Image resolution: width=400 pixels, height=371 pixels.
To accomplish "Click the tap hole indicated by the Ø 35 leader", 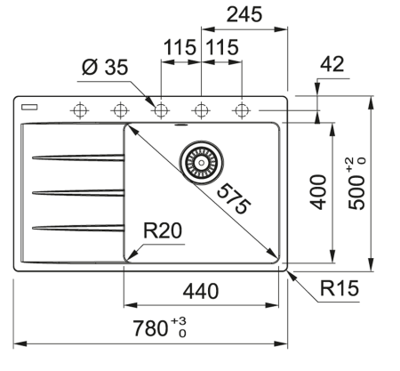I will tap(161, 110).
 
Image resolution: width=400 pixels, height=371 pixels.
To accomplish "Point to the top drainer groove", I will tap(77, 158).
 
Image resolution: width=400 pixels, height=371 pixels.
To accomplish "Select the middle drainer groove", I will tap(77, 192).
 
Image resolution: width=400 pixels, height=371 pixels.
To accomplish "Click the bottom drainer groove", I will tap(77, 227).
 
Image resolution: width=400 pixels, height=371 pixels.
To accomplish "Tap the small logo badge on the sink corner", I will tap(30, 104).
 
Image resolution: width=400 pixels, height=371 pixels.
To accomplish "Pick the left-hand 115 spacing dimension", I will tap(179, 48).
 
